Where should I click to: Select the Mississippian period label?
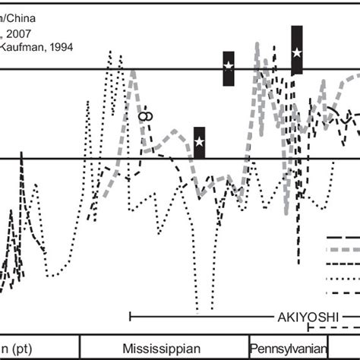(x=162, y=348)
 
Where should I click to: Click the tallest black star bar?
(x=297, y=50)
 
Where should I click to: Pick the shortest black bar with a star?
(x=199, y=142)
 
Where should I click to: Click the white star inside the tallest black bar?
(x=297, y=52)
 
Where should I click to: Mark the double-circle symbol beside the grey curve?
(x=146, y=115)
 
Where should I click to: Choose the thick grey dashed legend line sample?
(x=343, y=250)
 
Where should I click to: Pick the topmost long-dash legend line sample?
(x=343, y=237)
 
